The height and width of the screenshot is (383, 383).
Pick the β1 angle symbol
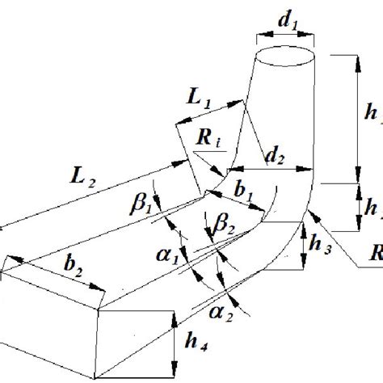[143, 201]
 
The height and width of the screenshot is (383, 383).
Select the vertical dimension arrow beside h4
[174, 348]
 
